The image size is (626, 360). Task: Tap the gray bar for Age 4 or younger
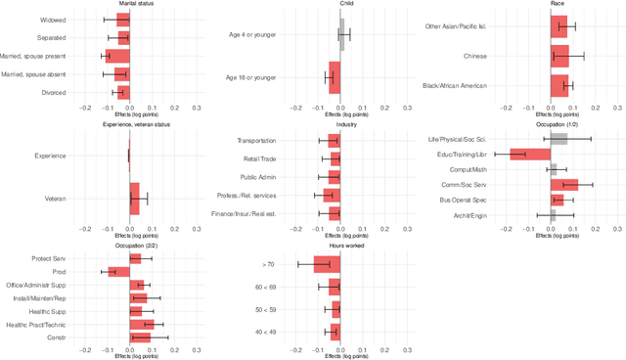tap(342, 36)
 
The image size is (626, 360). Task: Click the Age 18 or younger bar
tap(335, 77)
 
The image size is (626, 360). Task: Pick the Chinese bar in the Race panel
tap(560, 56)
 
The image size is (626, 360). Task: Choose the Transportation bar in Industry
tap(335, 141)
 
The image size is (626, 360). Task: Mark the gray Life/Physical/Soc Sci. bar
tap(559, 139)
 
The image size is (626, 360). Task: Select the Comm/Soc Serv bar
tap(565, 184)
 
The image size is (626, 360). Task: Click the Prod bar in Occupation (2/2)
tap(118, 272)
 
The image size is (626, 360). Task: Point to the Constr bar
tap(140, 337)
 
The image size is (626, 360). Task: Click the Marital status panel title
tap(128, 4)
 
